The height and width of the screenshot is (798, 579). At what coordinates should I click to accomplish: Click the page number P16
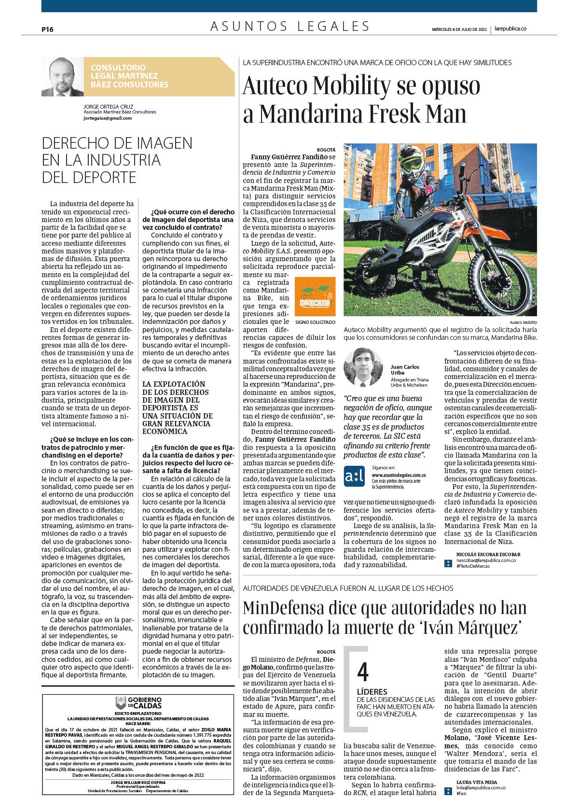point(47,29)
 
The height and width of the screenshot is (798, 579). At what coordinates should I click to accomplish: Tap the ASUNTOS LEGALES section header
point(290,27)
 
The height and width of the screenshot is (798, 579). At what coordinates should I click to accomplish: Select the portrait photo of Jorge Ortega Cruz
point(63,77)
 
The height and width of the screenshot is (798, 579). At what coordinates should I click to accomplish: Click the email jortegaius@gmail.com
point(107,118)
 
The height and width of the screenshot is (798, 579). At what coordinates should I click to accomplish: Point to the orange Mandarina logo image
point(315,296)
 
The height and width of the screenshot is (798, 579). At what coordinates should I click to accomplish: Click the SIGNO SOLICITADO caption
point(315,322)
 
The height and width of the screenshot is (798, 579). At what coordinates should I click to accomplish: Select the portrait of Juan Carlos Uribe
point(363,367)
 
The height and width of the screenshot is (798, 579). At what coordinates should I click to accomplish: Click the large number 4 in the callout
point(363,672)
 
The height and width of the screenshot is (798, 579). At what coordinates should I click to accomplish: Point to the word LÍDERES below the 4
point(372,692)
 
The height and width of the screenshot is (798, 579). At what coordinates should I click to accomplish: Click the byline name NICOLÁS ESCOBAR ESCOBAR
point(488,554)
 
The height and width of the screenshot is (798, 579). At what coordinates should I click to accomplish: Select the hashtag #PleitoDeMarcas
point(473,566)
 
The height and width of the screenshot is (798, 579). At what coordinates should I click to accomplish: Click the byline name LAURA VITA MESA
point(476,782)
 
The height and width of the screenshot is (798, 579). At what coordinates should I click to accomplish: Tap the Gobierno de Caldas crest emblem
point(120,703)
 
